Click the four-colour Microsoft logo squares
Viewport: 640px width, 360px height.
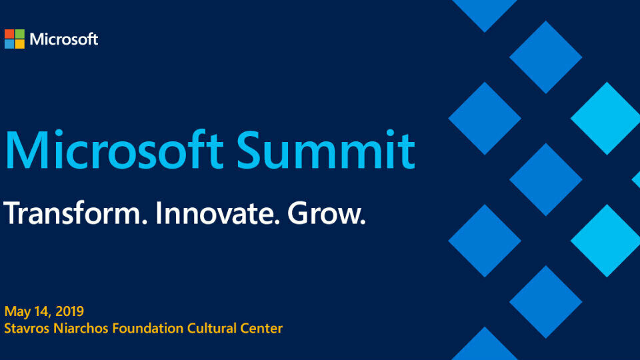(x=15, y=39)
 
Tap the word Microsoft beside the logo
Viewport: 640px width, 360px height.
(x=64, y=39)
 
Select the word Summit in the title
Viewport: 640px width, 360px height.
(x=325, y=151)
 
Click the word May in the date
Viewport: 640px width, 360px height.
(x=15, y=312)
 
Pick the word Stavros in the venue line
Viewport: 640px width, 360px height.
(x=24, y=328)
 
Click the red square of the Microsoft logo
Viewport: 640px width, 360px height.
(x=9, y=33)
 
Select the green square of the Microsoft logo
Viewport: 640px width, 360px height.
(x=20, y=33)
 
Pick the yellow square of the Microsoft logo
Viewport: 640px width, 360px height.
(x=20, y=44)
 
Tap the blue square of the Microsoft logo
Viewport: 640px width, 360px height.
(x=9, y=44)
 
